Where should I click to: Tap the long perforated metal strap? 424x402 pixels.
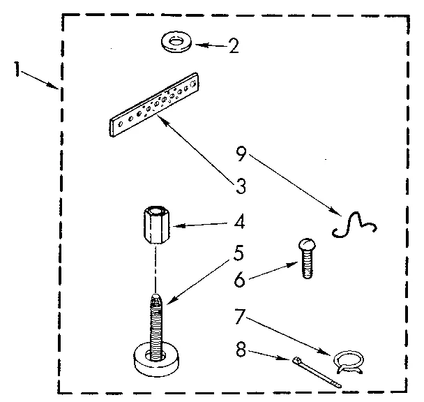click(156, 105)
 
